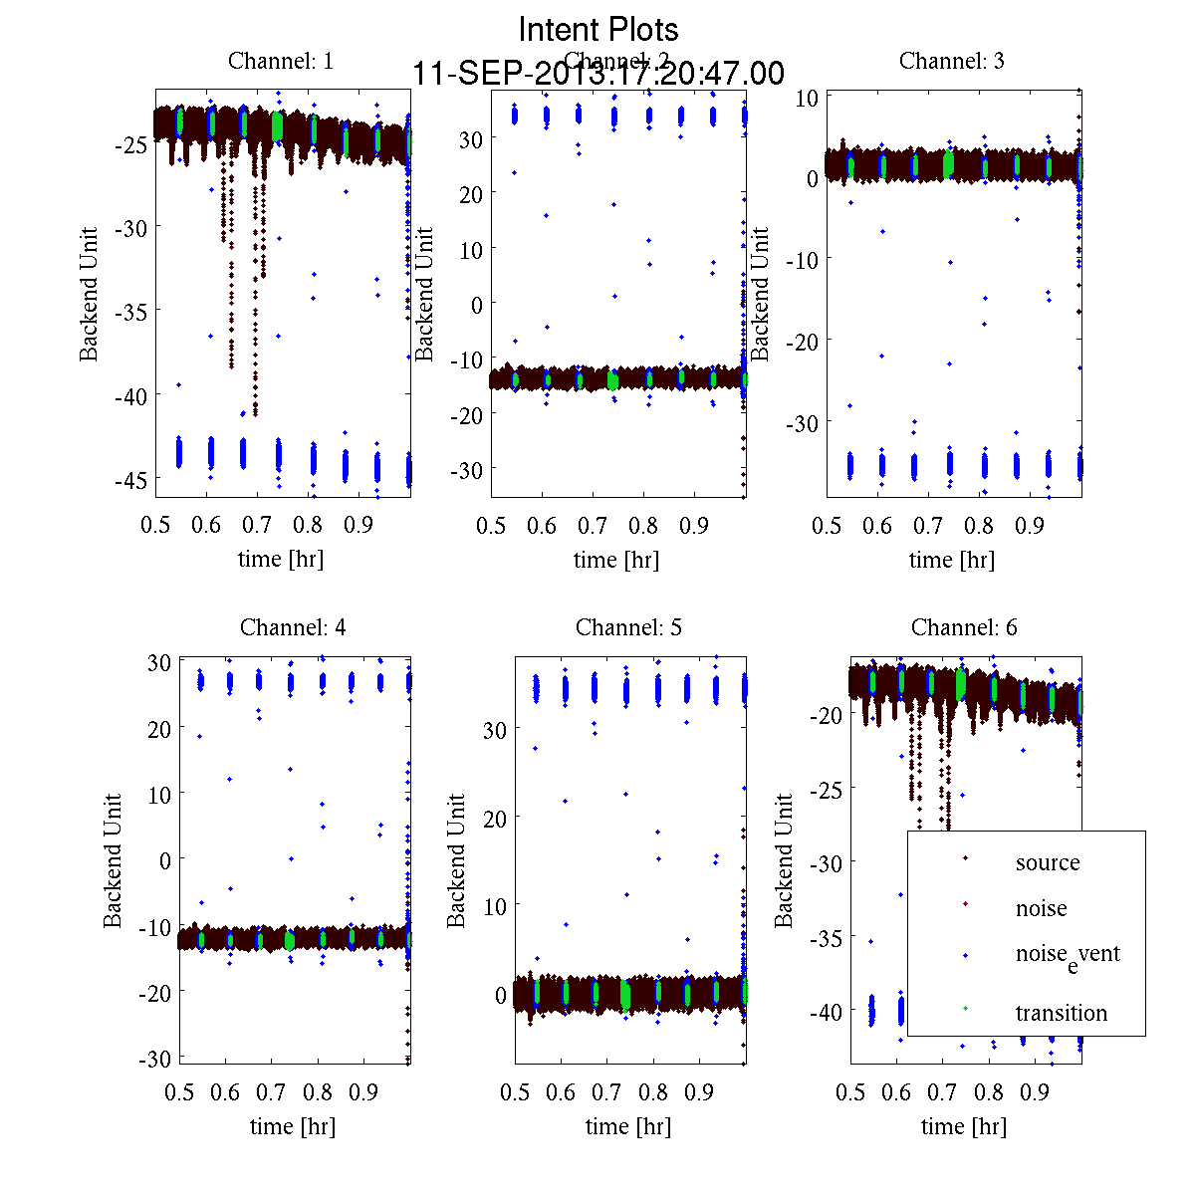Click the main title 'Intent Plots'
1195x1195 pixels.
click(x=598, y=29)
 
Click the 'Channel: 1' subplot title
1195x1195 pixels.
click(x=281, y=61)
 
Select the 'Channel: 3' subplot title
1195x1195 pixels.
click(x=951, y=61)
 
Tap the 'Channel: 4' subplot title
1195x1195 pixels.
click(x=293, y=627)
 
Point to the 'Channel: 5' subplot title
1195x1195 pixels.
click(x=628, y=627)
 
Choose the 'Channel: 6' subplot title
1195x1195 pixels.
click(x=964, y=627)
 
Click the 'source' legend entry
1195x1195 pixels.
click(x=1047, y=862)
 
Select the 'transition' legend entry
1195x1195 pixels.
click(x=1061, y=1013)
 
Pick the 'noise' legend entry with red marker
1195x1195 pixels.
click(x=1041, y=908)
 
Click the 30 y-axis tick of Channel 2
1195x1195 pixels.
click(x=470, y=138)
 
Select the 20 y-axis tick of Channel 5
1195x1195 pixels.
click(x=495, y=818)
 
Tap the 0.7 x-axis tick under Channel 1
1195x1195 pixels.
click(x=257, y=525)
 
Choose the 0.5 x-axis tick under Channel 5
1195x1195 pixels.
click(x=515, y=1092)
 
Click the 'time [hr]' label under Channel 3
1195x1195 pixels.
click(x=951, y=560)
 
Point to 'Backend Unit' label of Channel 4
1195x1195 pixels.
click(x=114, y=860)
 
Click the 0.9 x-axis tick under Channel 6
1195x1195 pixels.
click(x=1035, y=1092)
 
